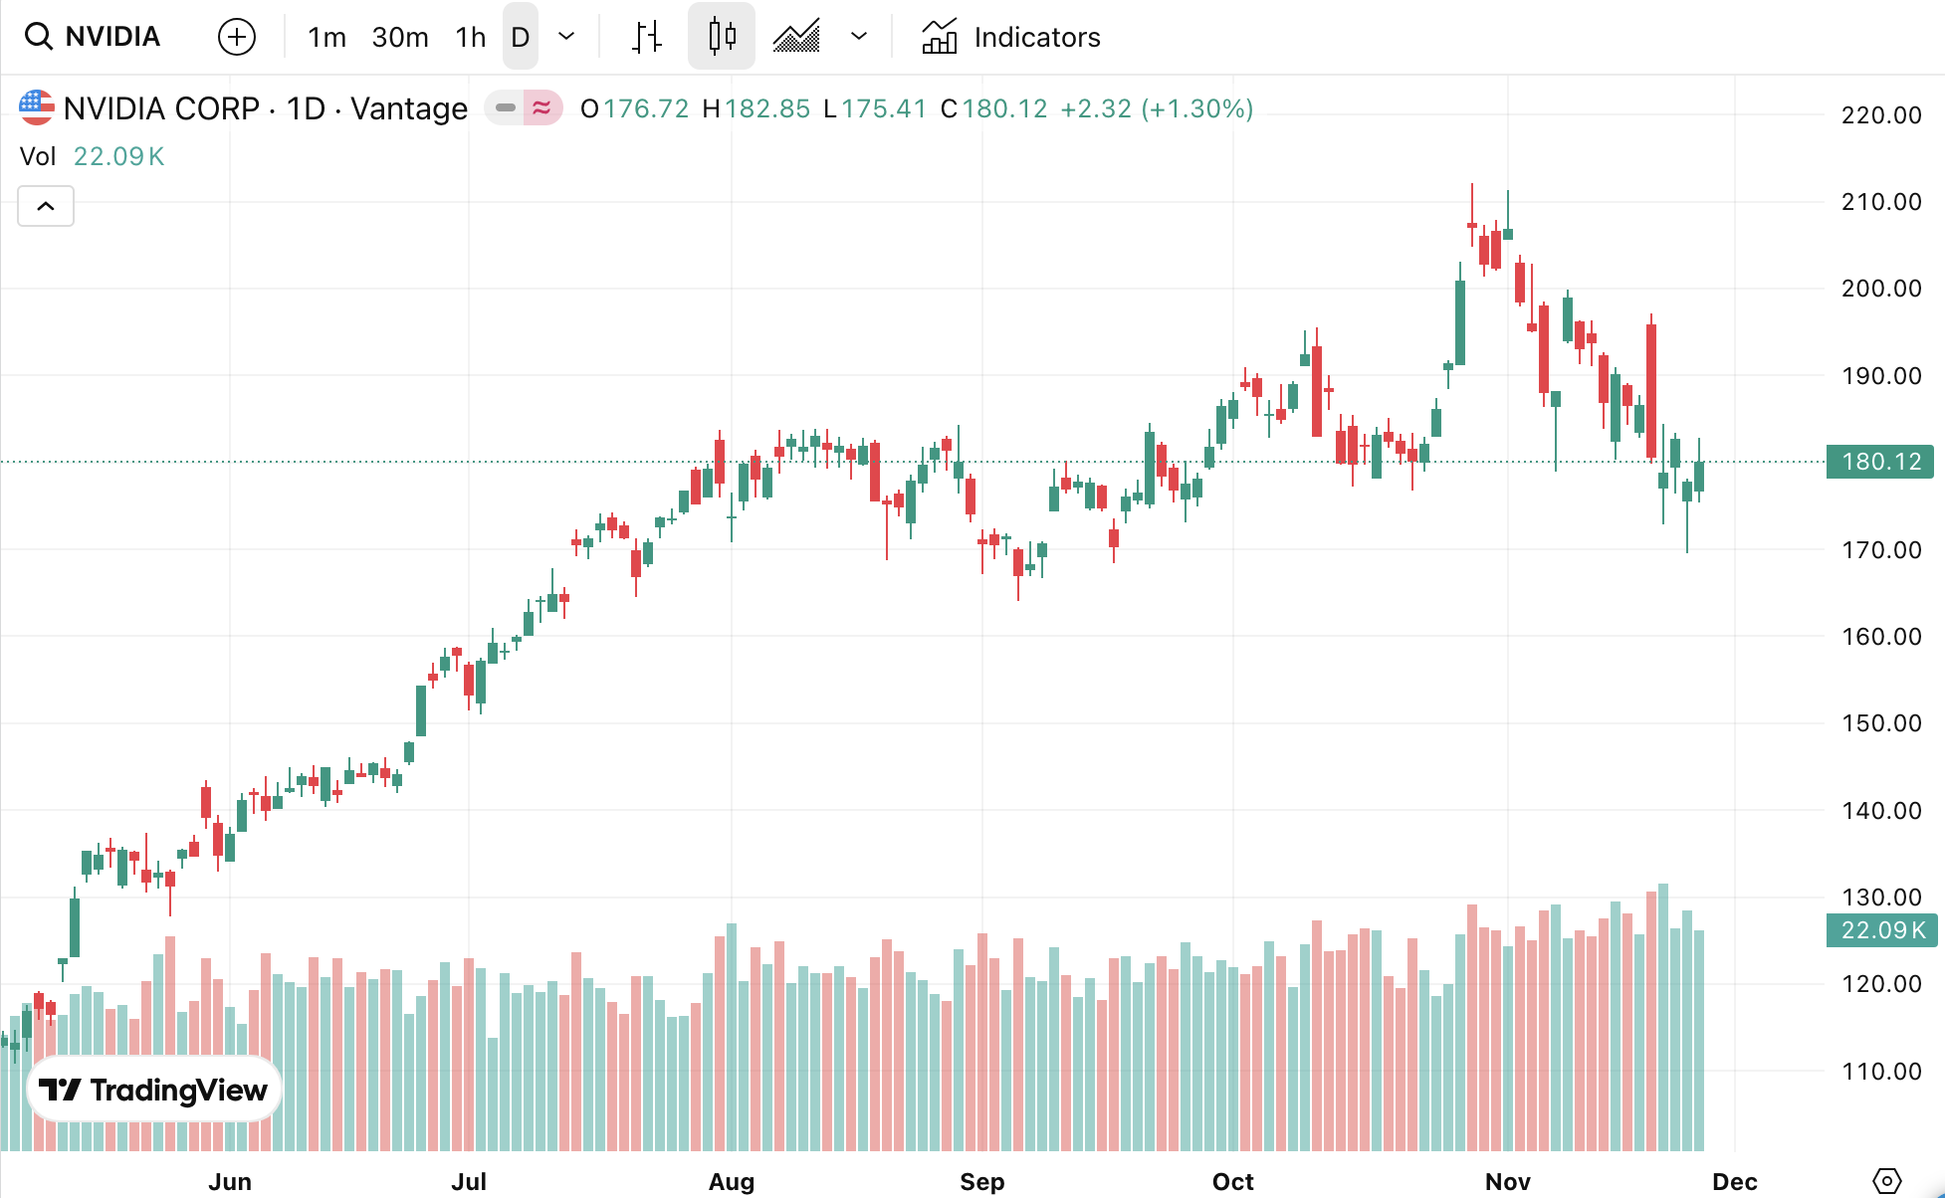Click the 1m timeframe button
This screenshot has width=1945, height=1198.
point(326,38)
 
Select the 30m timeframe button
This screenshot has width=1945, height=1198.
point(400,38)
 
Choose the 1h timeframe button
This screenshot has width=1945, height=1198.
point(470,38)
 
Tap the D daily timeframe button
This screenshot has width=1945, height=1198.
point(520,38)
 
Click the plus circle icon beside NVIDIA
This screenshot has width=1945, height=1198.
point(237,38)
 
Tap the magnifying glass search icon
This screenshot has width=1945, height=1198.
point(38,37)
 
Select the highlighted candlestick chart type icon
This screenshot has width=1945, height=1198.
point(722,37)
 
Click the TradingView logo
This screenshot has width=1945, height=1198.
point(154,1090)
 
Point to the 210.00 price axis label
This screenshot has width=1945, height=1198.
point(1881,202)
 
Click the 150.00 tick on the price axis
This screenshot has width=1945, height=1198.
point(1881,723)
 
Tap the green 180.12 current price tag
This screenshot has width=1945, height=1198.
point(1880,462)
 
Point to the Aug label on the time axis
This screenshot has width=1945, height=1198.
point(732,1181)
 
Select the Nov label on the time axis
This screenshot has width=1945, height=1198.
point(1507,1181)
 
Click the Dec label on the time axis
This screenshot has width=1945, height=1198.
point(1734,1181)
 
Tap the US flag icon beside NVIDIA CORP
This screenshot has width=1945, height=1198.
point(37,107)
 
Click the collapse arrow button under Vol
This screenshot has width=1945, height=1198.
point(46,206)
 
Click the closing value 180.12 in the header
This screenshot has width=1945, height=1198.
point(1004,108)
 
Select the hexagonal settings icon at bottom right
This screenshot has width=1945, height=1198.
point(1886,1181)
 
